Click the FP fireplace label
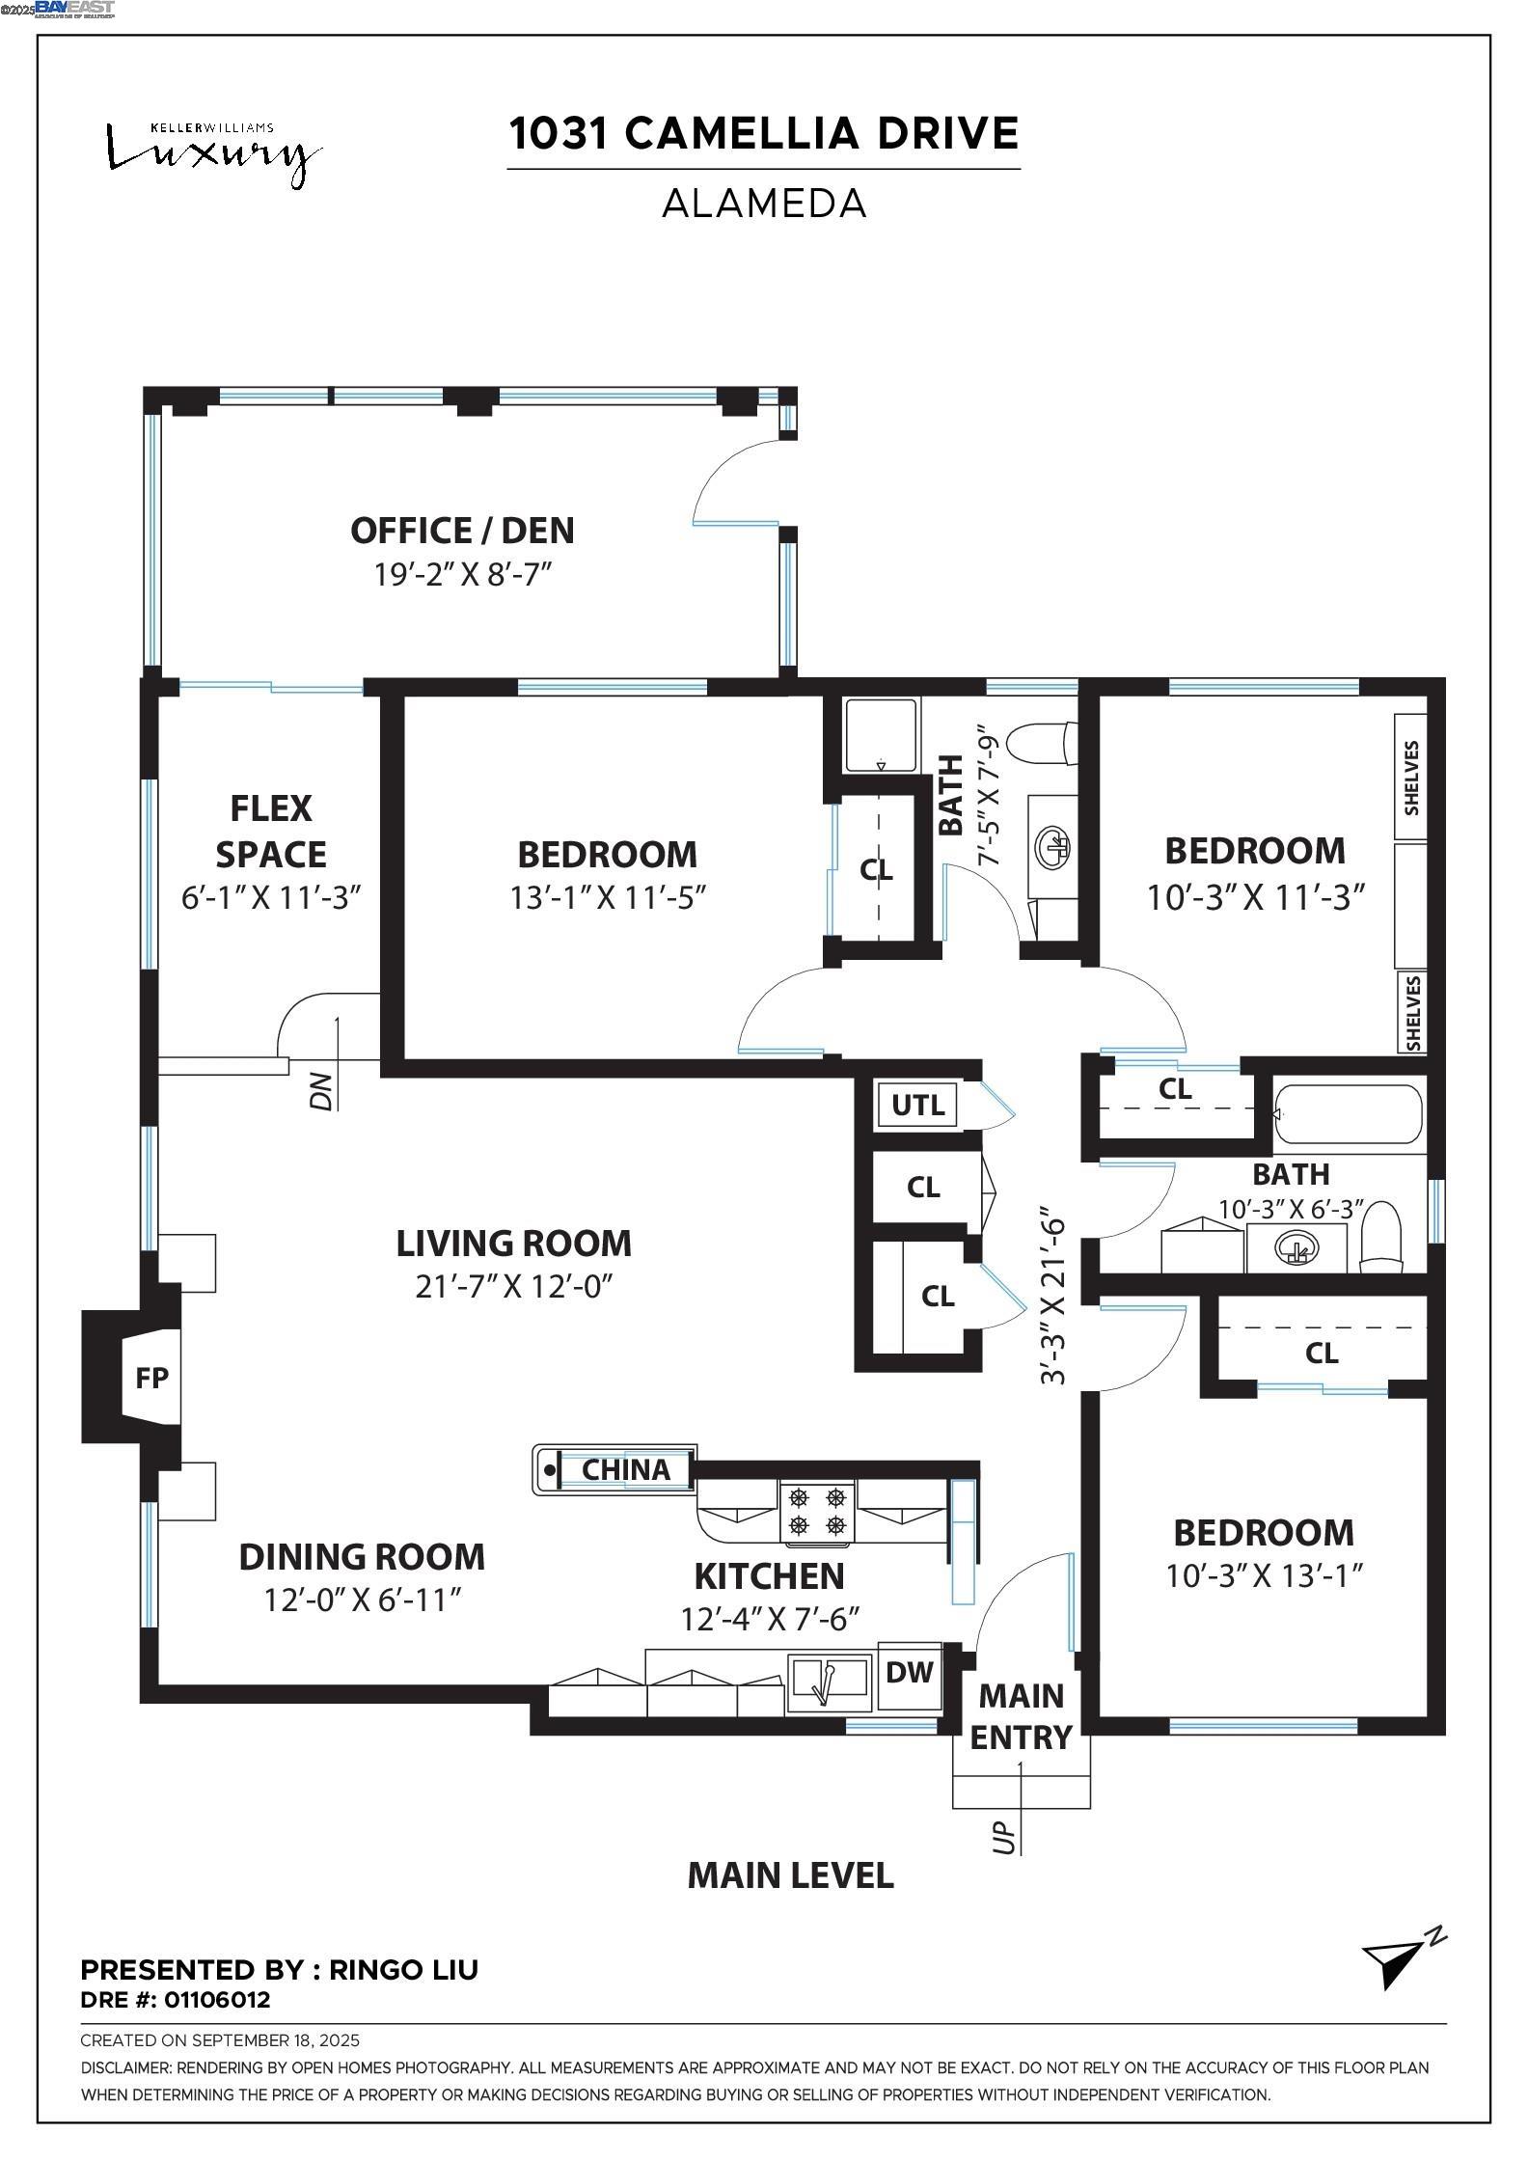point(152,1379)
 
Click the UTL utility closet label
point(917,1105)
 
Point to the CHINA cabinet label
point(626,1469)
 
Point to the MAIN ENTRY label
point(1022,1716)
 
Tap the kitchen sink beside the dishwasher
point(831,1684)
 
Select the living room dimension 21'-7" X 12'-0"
point(514,1287)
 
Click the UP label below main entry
point(1004,1836)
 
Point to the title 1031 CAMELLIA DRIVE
point(764,133)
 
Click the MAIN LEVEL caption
point(790,1875)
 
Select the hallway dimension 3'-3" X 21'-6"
point(1053,1297)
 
